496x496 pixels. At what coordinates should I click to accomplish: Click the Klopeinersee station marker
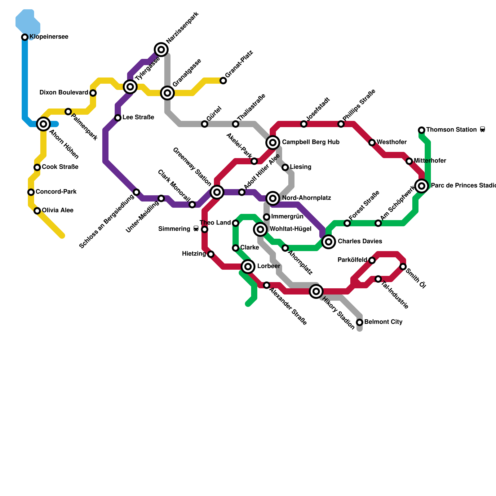click(25, 37)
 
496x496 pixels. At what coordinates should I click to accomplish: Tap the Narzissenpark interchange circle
click(161, 50)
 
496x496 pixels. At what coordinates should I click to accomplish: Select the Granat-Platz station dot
click(223, 81)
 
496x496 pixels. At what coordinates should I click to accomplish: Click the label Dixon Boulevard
click(64, 93)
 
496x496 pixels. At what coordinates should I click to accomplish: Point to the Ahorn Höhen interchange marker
click(43, 124)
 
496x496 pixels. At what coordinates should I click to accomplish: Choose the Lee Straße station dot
click(118, 118)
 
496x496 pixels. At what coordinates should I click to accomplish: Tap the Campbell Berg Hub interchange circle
click(273, 143)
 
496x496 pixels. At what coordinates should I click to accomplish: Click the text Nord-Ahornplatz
click(306, 198)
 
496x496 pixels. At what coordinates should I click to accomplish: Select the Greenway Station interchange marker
click(217, 192)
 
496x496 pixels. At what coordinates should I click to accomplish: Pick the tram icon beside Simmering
click(196, 229)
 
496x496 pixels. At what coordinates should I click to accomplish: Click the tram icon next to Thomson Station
click(482, 130)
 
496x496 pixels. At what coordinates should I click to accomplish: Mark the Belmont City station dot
click(360, 322)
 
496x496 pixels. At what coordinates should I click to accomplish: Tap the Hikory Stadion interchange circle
click(316, 291)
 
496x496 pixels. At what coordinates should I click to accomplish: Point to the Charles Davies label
click(360, 241)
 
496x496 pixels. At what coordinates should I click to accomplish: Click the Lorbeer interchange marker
click(248, 267)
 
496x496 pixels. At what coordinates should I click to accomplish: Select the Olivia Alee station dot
click(37, 211)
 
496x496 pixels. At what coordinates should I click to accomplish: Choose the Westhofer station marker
click(372, 143)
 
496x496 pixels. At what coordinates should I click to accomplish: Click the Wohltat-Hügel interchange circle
click(260, 229)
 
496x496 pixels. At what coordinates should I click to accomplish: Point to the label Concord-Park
click(56, 192)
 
